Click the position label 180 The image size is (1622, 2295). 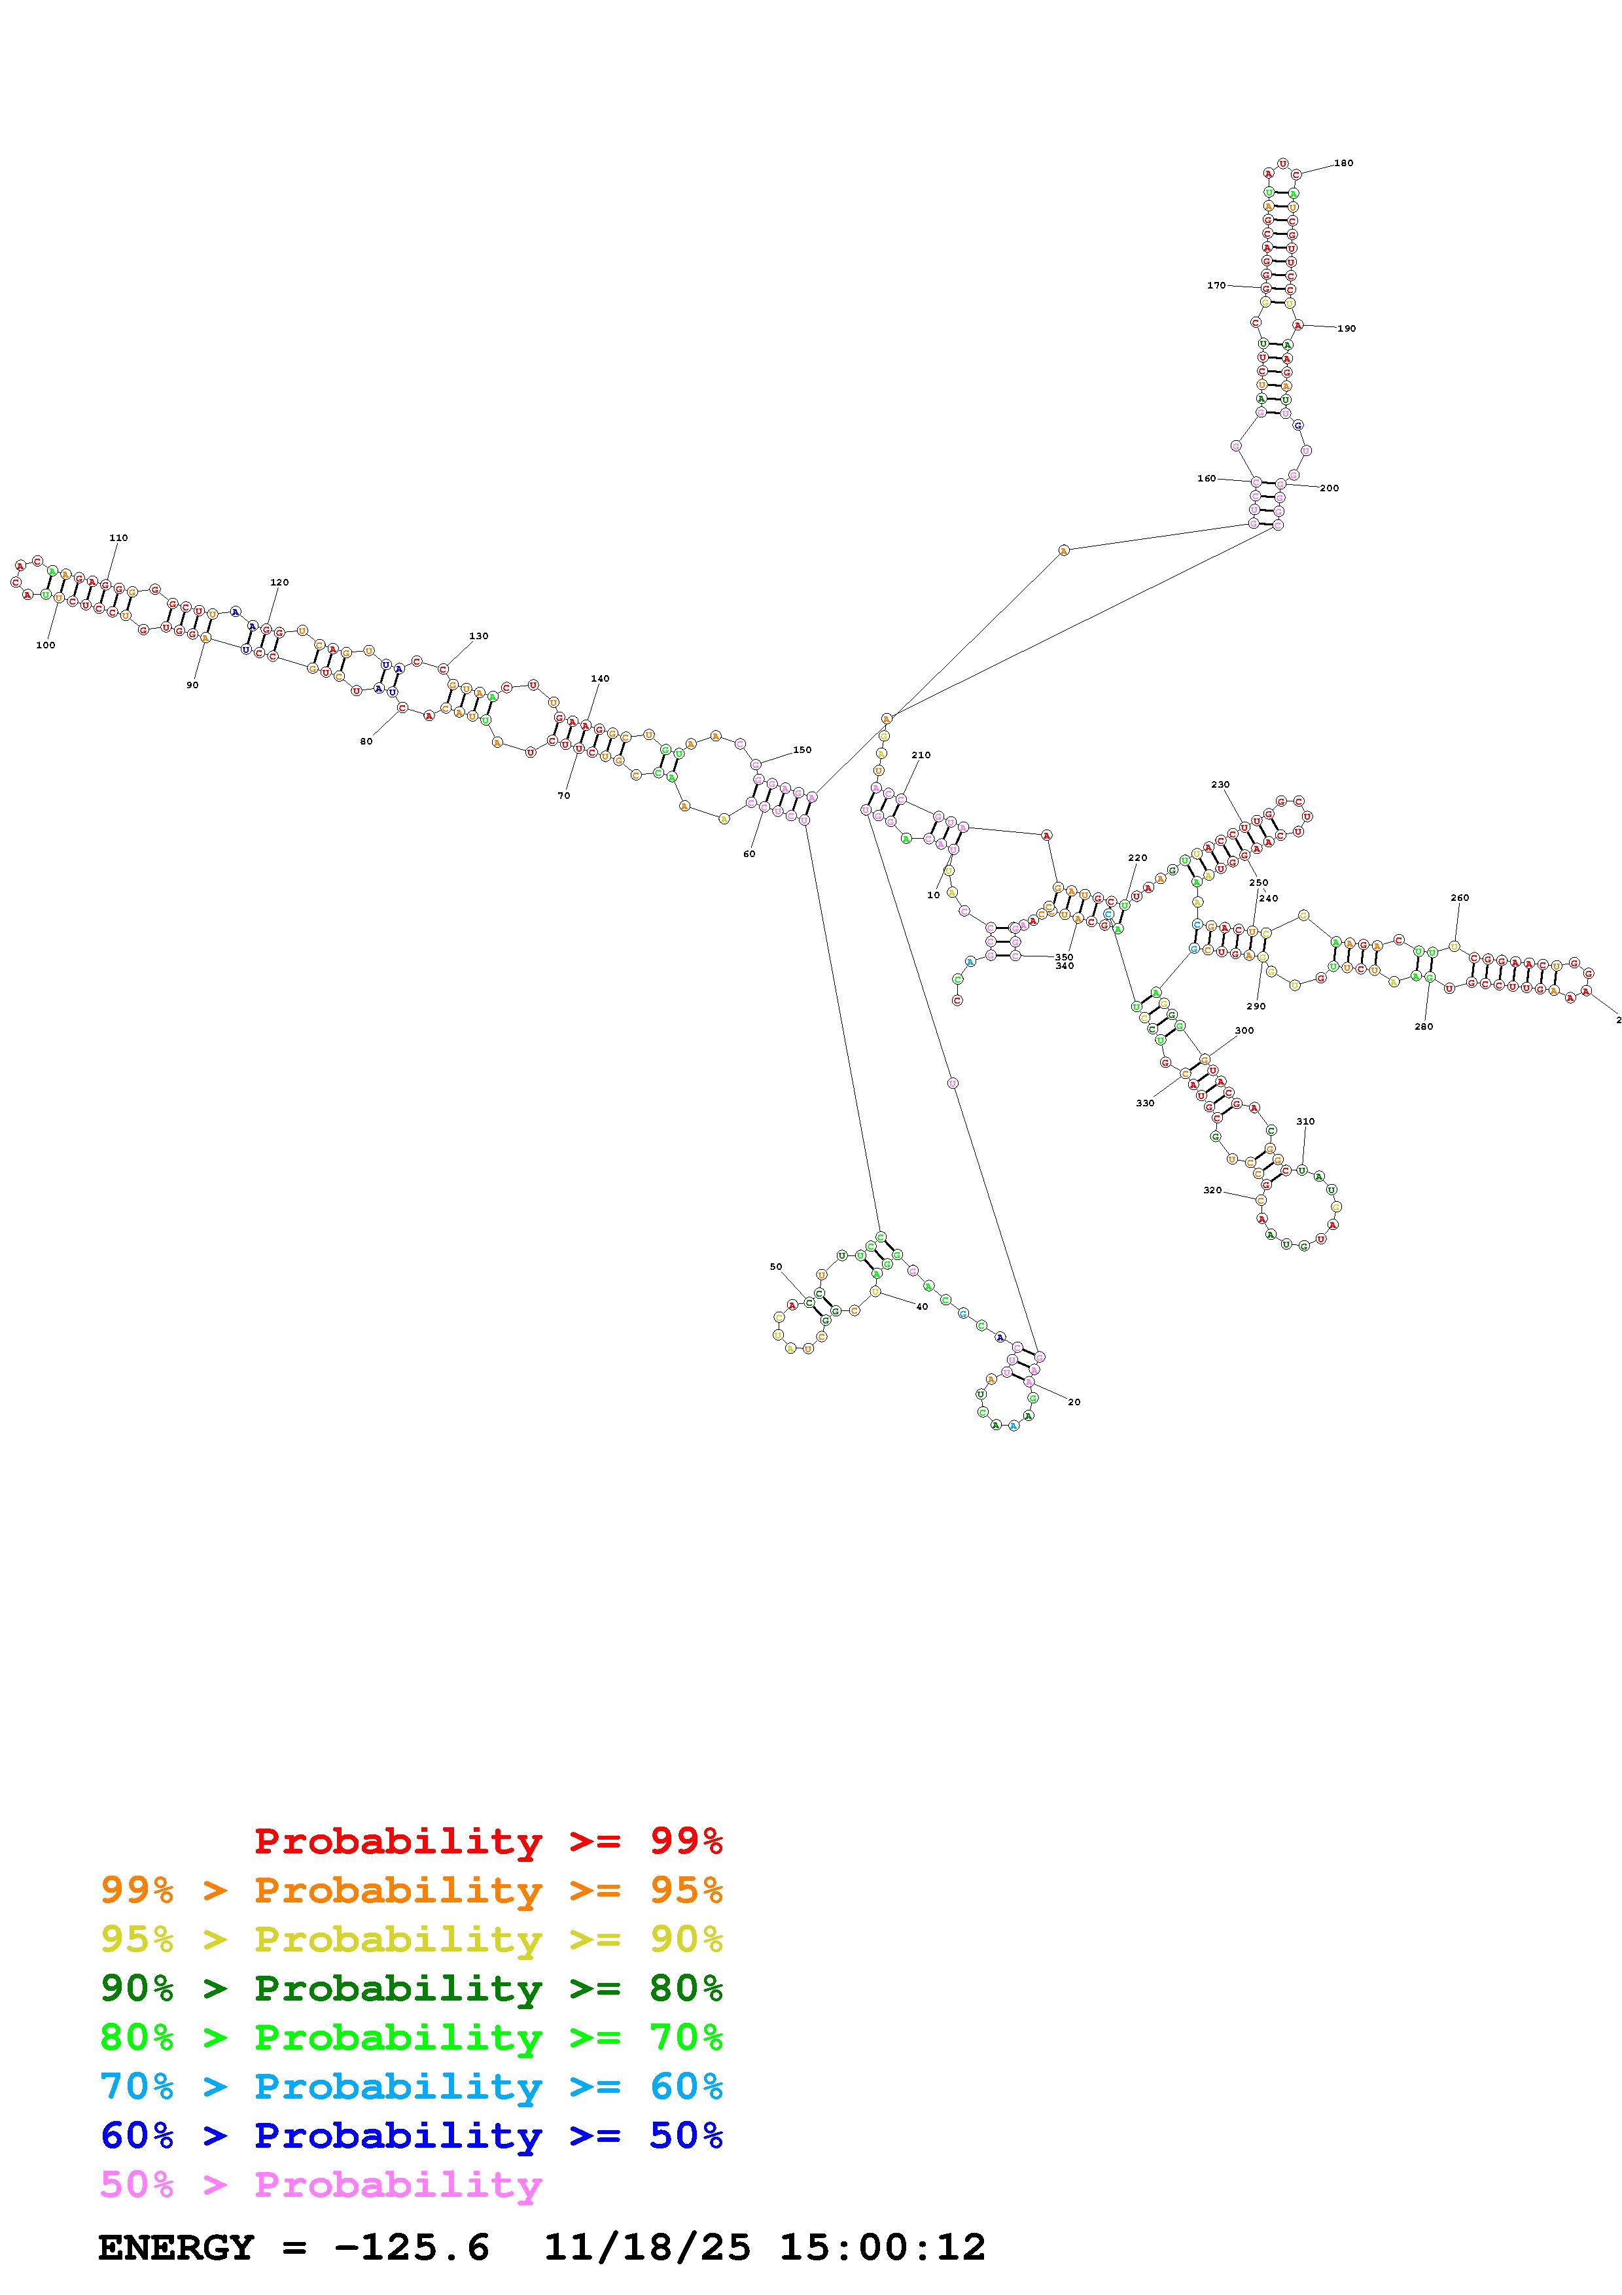(1343, 163)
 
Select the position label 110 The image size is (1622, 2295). (118, 538)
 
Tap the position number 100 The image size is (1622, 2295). (45, 646)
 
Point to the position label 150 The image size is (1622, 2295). (802, 750)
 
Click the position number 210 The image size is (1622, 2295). (921, 755)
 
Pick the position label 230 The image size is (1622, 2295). (1220, 784)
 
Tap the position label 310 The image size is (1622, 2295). (1305, 1121)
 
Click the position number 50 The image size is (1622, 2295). (775, 1267)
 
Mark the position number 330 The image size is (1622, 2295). (1144, 1104)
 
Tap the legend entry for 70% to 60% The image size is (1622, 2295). (412, 2086)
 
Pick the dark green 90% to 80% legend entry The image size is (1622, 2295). (412, 1988)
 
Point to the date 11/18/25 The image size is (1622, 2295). (646, 2248)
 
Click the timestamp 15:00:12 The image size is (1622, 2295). (881, 2248)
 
